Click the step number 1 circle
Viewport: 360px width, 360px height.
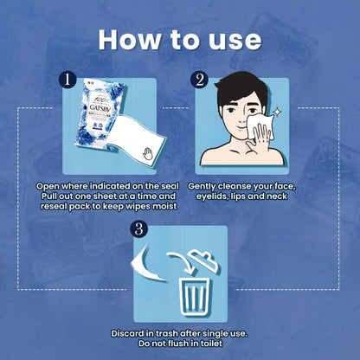[x=67, y=80]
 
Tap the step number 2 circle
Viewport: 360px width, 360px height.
[x=200, y=80]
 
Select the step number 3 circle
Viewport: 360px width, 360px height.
[x=138, y=229]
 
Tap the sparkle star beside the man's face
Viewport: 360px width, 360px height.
[x=277, y=112]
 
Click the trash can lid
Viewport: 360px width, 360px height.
[x=204, y=261]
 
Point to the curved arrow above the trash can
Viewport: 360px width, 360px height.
[x=181, y=262]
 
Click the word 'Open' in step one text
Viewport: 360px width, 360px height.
[x=48, y=186]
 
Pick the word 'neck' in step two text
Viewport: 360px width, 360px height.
[x=276, y=196]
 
